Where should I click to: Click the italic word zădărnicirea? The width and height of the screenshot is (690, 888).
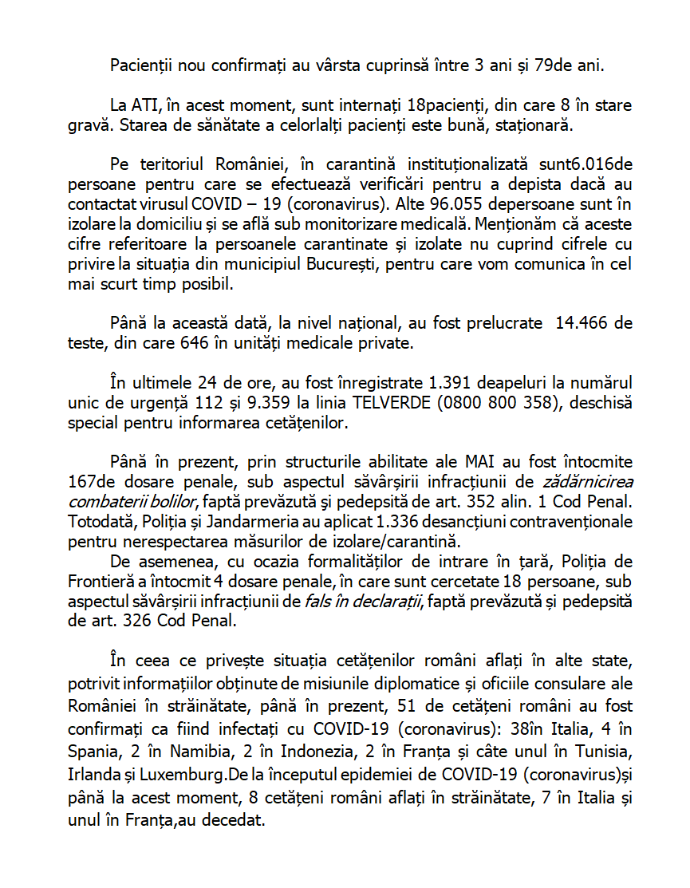click(x=587, y=481)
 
